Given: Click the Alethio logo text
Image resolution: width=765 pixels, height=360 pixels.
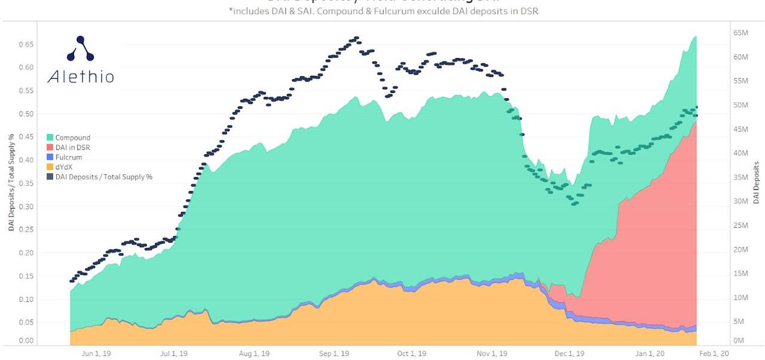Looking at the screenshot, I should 81,77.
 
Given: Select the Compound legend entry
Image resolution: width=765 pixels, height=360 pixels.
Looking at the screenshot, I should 72,138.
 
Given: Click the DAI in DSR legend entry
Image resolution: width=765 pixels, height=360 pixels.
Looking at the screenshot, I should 72,147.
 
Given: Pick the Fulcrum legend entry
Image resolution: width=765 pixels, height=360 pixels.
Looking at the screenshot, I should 68,157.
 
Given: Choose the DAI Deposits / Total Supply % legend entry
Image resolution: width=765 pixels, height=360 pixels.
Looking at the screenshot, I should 103,177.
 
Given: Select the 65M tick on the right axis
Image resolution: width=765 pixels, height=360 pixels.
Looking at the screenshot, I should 741,33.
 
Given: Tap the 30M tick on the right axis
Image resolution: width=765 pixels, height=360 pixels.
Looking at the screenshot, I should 741,201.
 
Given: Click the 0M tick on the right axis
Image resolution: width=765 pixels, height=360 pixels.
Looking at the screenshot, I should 739,340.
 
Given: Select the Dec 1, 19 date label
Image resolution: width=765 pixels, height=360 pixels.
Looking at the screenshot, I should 570,353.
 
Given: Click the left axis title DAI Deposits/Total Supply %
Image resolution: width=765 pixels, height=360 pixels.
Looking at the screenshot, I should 11,182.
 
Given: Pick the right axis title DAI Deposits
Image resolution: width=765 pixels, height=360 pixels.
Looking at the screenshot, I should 756,182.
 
